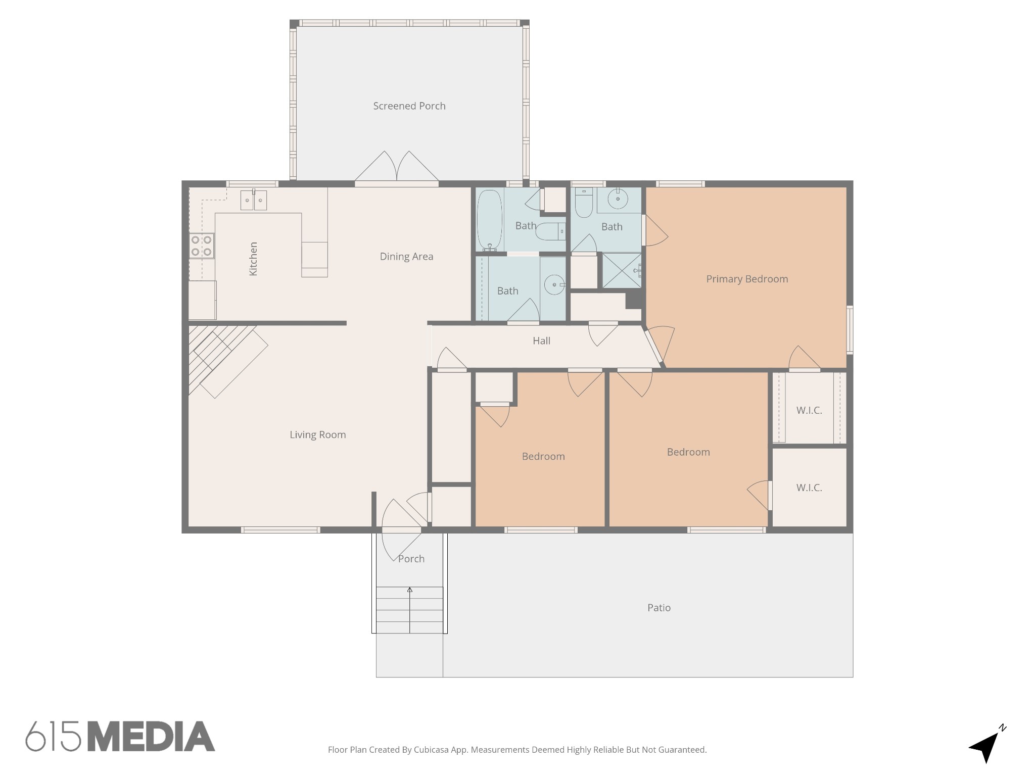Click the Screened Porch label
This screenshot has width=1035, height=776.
point(409,106)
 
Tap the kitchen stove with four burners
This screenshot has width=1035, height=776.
point(202,246)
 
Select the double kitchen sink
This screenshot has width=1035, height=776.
point(253,200)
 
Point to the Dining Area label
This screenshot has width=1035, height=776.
point(407,257)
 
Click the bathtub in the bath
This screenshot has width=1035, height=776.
point(490,220)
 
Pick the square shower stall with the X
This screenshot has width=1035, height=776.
point(622,271)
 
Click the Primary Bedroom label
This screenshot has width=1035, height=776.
point(747,279)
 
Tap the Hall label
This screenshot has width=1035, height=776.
point(541,341)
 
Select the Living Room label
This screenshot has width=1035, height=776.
point(318,435)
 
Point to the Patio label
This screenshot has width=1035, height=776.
point(659,608)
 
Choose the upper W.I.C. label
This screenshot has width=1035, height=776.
point(809,411)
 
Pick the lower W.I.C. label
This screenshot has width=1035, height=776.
point(809,488)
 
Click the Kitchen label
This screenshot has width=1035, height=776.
point(254,259)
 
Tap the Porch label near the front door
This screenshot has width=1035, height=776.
point(411,559)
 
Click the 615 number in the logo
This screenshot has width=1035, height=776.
point(53,736)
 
